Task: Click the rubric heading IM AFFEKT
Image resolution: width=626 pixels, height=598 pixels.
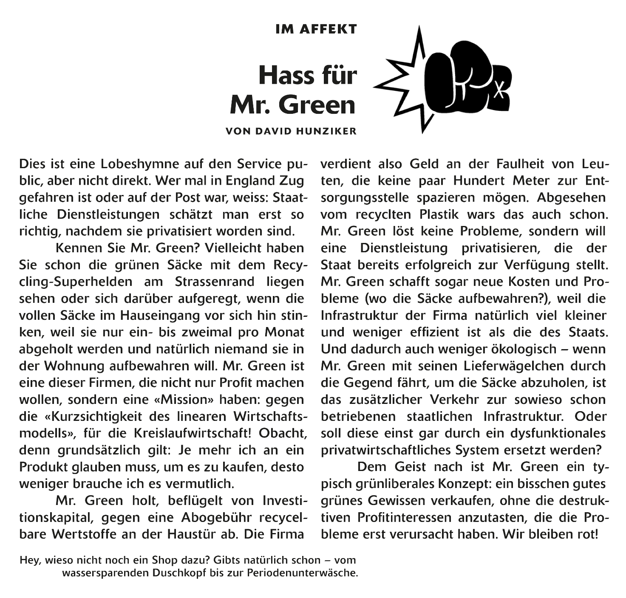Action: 316,29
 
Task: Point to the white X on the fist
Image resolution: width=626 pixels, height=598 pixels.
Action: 501,90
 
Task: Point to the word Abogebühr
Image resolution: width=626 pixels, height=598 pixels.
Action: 221,518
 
